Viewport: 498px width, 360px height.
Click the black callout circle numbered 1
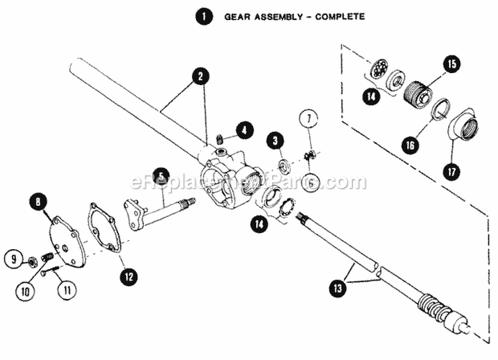click(206, 17)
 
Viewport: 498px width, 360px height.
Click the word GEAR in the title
click(238, 17)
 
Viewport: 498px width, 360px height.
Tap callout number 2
click(197, 76)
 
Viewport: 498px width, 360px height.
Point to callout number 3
click(275, 141)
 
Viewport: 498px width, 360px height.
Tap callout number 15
click(451, 65)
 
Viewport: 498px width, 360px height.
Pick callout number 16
click(410, 143)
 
